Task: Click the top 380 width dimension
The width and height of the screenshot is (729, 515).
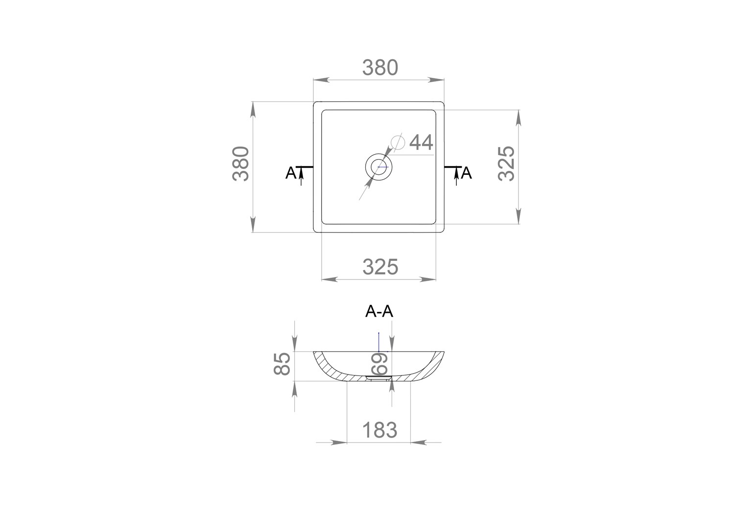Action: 380,68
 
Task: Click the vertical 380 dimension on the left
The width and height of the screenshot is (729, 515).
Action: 241,164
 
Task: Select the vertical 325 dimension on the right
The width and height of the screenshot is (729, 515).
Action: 506,164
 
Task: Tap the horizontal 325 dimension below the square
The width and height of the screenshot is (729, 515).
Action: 380,267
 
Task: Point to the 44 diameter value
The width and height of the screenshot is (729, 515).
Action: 421,142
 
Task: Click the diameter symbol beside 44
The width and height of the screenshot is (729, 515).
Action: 398,142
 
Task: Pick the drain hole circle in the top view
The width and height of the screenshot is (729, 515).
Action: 378,167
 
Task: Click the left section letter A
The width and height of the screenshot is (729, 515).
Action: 290,173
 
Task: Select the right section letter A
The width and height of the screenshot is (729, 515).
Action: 467,173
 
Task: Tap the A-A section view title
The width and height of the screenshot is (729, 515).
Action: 379,312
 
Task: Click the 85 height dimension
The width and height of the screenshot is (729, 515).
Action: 282,364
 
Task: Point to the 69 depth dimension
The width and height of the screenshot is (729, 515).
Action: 379,364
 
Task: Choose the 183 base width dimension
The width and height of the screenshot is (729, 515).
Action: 380,430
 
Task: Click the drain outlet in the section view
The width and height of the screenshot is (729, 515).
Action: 378,378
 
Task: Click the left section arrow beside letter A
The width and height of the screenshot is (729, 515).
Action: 301,176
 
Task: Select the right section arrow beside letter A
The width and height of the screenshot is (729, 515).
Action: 456,176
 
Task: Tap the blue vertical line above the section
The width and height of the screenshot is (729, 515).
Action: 378,342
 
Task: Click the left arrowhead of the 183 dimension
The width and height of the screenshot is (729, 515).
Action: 338,443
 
